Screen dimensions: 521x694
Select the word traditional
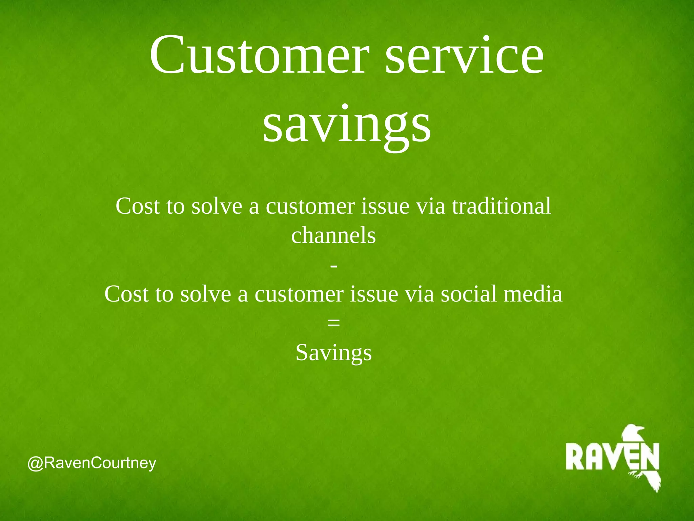pos(502,206)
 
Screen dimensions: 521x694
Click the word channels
pos(333,235)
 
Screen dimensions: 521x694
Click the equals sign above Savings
pos(334,323)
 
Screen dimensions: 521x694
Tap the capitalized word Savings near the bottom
pos(333,353)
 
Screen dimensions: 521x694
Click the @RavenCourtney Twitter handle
pos(92,463)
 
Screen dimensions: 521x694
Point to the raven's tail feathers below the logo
pos(652,482)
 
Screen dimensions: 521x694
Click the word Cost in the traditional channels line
pos(137,206)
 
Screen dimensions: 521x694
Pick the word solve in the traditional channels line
pos(217,206)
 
